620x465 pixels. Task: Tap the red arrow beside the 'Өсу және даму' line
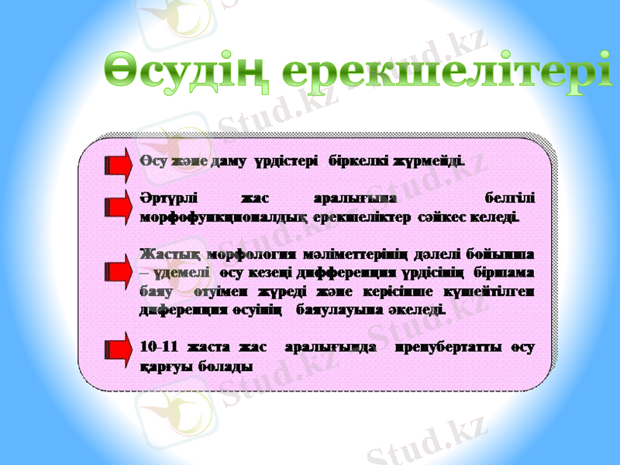pos(119,163)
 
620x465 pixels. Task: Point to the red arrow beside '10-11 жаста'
pos(119,346)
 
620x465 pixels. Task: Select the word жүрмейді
pos(429,163)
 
